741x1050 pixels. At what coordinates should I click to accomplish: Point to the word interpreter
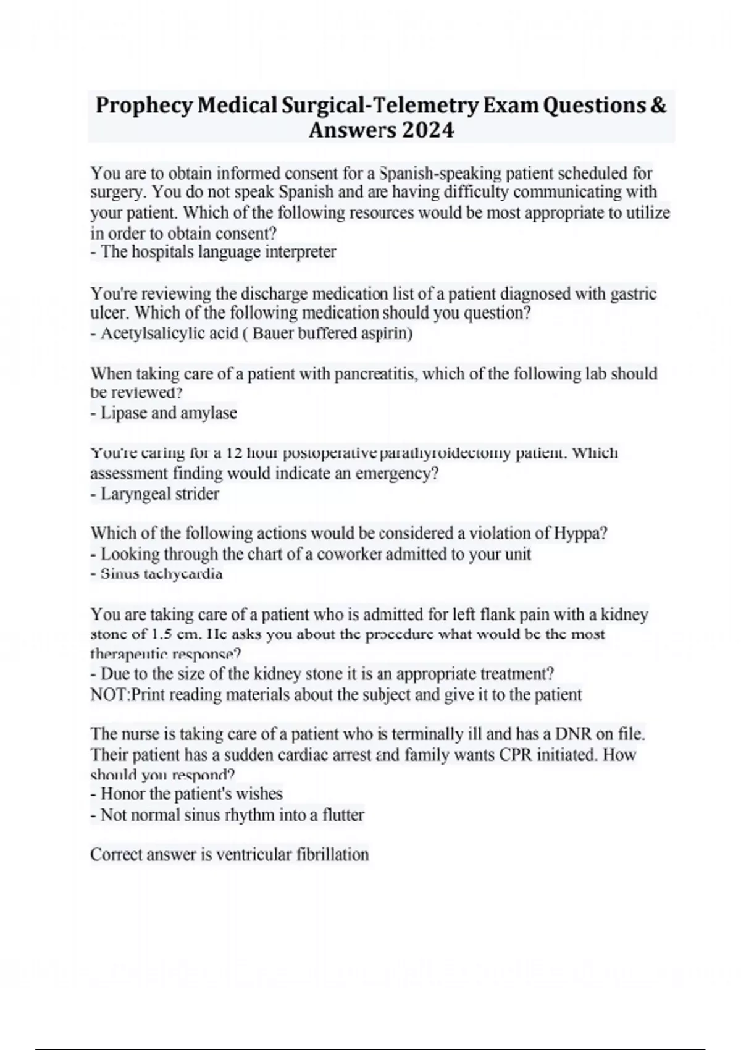[x=300, y=252]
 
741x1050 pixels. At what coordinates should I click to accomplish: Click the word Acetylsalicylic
[x=169, y=334]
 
